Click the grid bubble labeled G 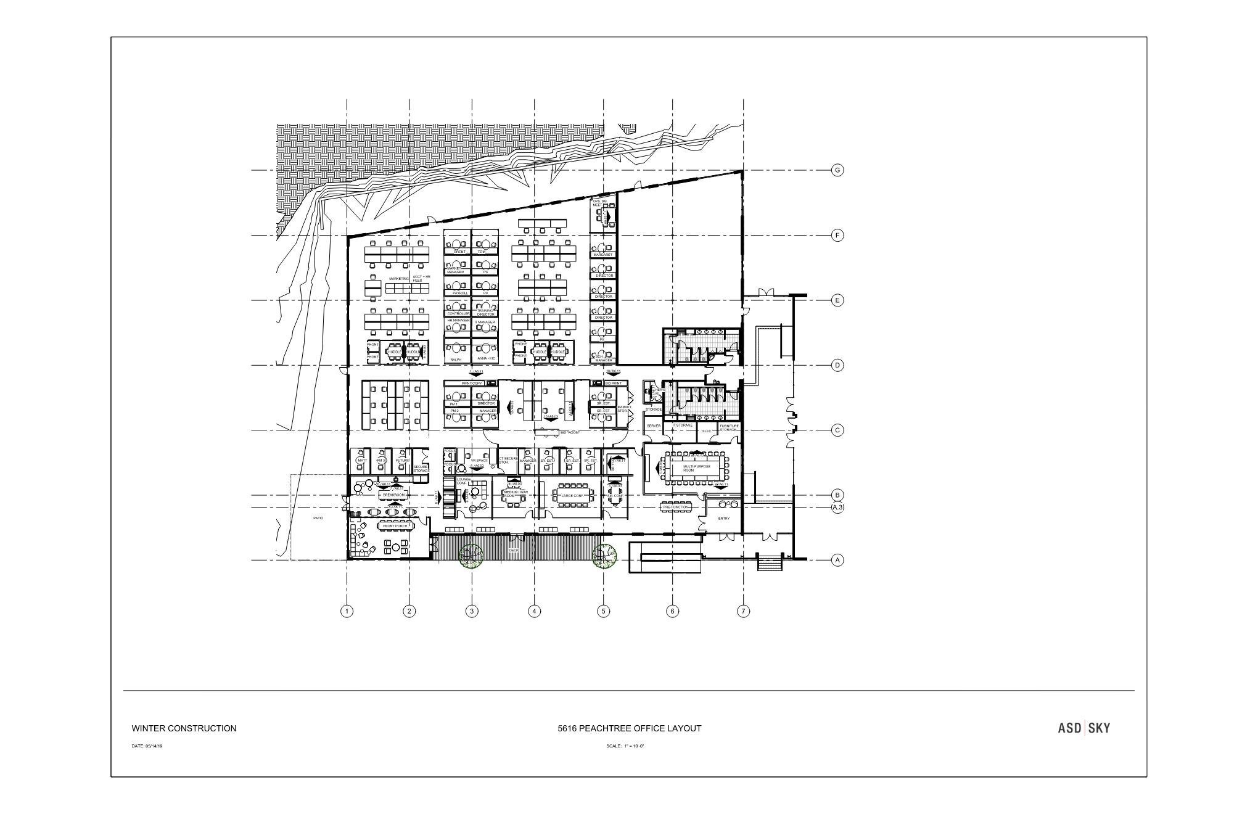point(837,170)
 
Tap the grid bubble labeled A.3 point(837,508)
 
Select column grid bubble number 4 point(535,611)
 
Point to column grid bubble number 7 point(744,611)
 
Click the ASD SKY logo point(1084,728)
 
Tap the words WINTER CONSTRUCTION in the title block point(184,728)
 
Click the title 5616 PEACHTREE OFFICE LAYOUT point(630,728)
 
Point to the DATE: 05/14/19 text point(147,746)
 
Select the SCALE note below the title point(625,746)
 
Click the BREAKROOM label point(393,495)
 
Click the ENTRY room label point(724,519)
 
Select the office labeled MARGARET point(602,255)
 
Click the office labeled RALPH point(456,360)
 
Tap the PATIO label point(318,518)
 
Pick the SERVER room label point(654,426)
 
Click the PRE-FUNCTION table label point(676,507)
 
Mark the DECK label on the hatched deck point(514,550)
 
